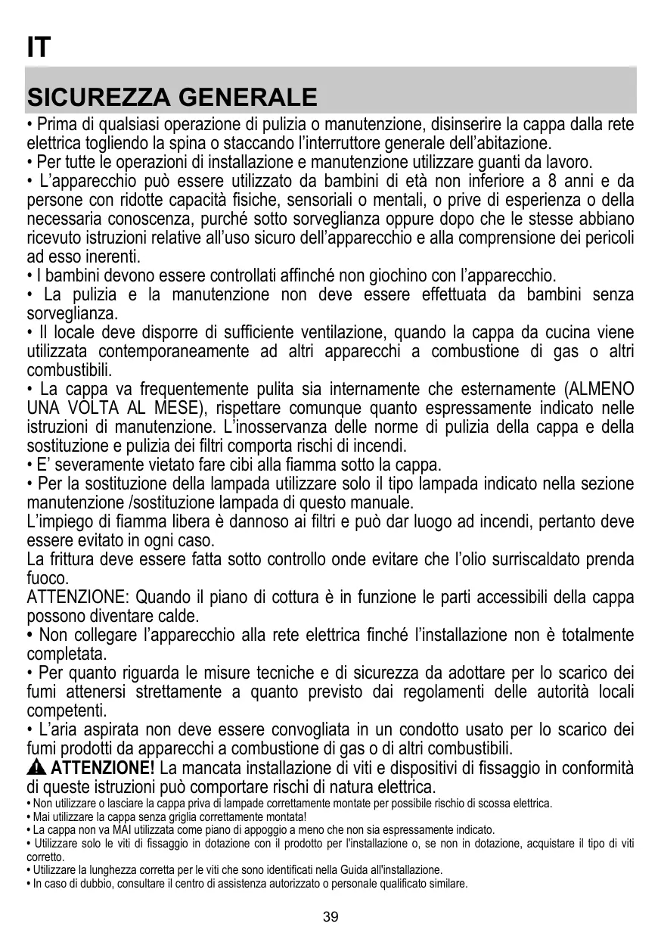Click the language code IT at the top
39,48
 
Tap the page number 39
330,917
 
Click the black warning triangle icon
36,769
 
